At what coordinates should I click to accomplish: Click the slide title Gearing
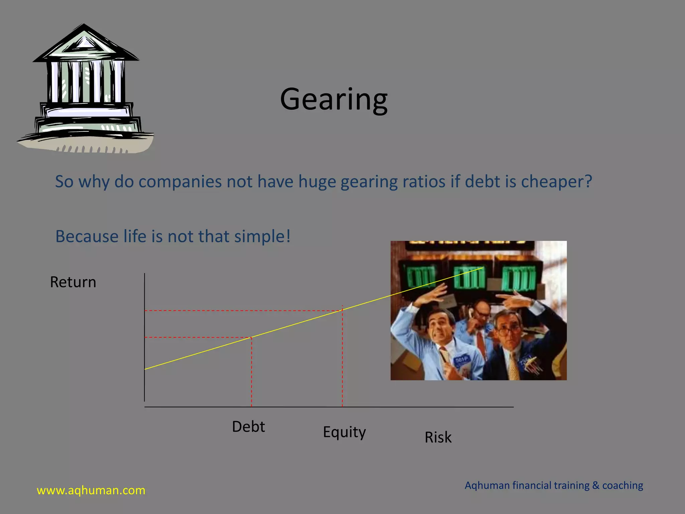(334, 100)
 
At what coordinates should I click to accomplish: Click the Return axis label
(73, 282)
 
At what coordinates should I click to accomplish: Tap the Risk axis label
(438, 437)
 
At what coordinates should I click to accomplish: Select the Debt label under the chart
(248, 427)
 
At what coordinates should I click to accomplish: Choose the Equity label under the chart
(344, 432)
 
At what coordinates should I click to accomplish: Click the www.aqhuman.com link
(91, 490)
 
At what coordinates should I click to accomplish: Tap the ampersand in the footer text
(596, 485)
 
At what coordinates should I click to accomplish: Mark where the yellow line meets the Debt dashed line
(252, 337)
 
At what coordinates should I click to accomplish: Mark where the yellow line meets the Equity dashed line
(342, 310)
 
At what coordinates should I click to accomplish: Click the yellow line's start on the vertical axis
(145, 369)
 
